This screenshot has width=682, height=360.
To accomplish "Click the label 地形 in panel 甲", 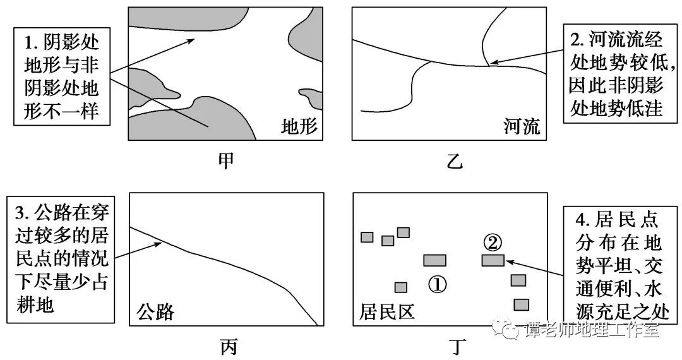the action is [299, 126].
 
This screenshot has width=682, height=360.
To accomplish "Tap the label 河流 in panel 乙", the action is [522, 126].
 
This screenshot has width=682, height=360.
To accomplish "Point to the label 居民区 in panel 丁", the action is [387, 312].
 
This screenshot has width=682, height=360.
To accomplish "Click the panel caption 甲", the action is [225, 160].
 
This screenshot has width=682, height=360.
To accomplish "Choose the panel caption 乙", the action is [455, 161].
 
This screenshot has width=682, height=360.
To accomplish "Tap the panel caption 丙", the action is [229, 347].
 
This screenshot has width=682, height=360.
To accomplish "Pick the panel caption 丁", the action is [457, 347].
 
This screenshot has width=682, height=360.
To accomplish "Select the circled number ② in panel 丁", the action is [493, 243].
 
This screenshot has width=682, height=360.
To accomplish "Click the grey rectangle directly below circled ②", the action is [493, 260].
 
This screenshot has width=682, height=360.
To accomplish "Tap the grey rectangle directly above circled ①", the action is [434, 260].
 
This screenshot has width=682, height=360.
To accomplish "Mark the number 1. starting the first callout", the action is [32, 42].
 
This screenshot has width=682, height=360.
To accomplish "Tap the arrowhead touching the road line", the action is [159, 244].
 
